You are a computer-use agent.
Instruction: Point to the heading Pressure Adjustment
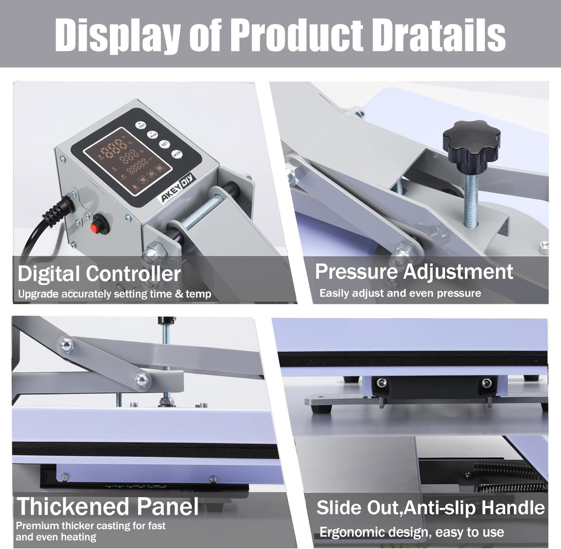[414, 271]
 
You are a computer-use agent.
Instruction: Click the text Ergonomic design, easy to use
[411, 532]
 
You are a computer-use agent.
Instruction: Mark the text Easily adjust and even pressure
[400, 293]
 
